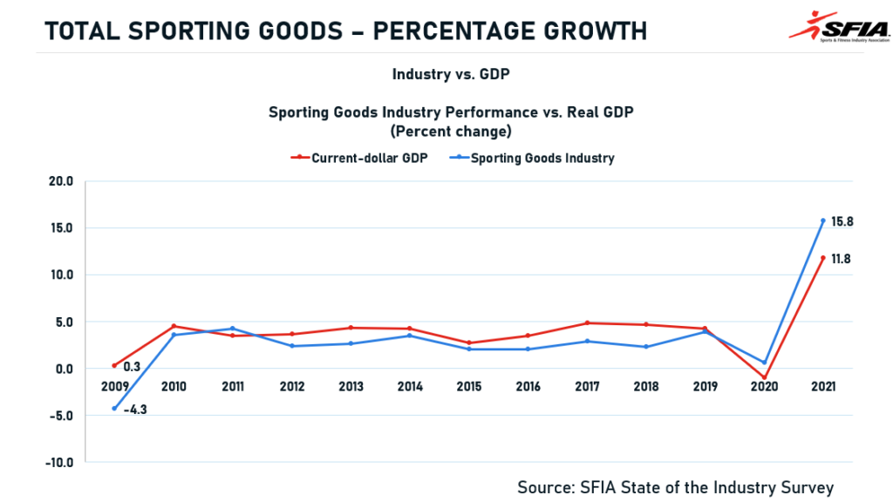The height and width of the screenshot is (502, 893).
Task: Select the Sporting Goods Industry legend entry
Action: tap(542, 158)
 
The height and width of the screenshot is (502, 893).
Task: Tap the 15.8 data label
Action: tap(842, 221)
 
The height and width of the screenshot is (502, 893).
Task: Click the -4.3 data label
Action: tap(134, 410)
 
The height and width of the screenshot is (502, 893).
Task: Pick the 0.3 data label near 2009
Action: tap(132, 368)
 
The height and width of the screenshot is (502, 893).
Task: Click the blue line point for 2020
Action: tap(764, 363)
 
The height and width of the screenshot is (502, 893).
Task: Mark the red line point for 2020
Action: tap(764, 378)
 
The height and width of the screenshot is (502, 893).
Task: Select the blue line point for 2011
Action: tap(232, 329)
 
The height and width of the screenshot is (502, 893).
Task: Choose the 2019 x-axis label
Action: tap(705, 386)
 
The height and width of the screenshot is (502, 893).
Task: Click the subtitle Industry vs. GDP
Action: tap(450, 74)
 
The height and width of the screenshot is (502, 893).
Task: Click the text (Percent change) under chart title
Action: tap(450, 132)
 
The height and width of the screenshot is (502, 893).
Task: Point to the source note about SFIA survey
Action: tap(676, 487)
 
